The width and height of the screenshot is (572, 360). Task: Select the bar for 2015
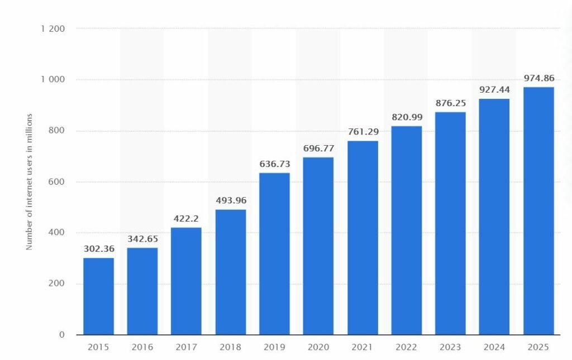98,296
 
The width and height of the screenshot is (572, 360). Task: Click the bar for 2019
274,254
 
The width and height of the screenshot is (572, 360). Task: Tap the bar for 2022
406,230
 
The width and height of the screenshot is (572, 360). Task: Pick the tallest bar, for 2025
538,210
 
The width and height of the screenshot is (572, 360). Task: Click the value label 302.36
98,249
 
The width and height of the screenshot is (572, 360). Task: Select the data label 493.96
230,200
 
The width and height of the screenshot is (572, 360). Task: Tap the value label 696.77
318,148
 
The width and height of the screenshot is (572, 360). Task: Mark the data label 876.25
450,103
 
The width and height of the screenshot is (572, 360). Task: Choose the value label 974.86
538,78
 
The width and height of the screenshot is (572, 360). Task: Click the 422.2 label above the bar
186,219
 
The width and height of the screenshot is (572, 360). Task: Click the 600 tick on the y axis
57,182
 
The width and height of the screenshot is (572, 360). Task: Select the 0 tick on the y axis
62,335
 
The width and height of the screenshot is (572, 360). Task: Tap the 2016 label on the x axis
142,347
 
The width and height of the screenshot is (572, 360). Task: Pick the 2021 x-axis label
362,347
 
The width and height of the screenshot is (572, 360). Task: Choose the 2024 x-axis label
494,347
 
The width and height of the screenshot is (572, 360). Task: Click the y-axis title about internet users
30,181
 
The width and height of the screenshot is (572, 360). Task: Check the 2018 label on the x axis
230,347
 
